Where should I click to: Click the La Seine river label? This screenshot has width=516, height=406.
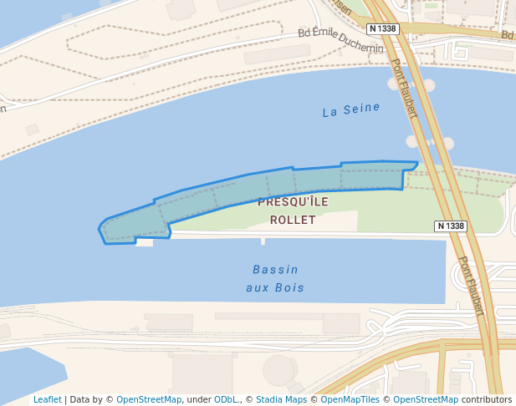[351, 110]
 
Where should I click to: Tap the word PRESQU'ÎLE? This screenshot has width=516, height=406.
[293, 202]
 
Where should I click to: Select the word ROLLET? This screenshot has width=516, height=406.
[293, 221]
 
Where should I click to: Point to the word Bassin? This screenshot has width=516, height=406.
[275, 270]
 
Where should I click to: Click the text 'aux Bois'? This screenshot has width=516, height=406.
[275, 288]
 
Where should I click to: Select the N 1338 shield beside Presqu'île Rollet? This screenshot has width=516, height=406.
[451, 226]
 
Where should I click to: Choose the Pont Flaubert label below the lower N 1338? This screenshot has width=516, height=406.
[471, 285]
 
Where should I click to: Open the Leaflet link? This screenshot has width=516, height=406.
[48, 399]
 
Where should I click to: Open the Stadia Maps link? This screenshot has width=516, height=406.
[282, 399]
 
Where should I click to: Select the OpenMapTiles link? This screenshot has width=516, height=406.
[351, 399]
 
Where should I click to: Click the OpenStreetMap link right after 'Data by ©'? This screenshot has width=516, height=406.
[149, 399]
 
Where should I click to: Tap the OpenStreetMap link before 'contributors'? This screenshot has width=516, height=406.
[426, 399]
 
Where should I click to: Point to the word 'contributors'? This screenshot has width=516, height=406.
[487, 399]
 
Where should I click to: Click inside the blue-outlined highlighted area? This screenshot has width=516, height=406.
[251, 188]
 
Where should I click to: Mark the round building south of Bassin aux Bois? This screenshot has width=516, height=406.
[279, 370]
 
